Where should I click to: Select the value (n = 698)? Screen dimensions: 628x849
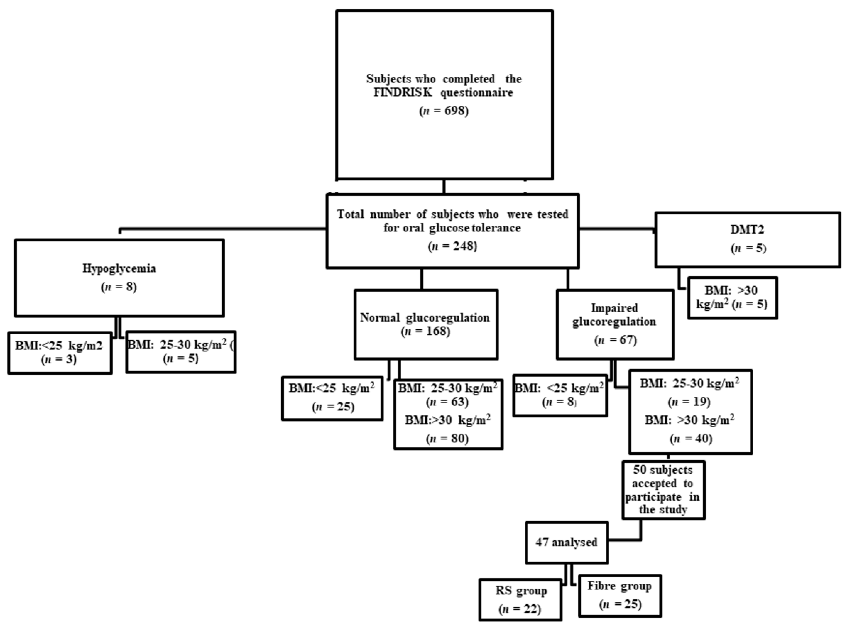[444, 111]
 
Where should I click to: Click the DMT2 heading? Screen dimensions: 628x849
[747, 230]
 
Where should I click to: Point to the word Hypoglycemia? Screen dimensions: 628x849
[119, 268]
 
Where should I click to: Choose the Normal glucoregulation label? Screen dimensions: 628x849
[425, 317]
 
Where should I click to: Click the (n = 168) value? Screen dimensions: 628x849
[425, 332]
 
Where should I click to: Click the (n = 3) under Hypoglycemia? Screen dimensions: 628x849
[59, 359]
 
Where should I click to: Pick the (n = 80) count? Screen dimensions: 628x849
[448, 439]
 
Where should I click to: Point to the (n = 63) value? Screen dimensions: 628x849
[448, 402]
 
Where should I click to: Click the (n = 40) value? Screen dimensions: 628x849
[690, 439]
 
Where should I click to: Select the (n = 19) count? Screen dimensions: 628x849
[689, 402]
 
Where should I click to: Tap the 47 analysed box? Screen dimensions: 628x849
[566, 542]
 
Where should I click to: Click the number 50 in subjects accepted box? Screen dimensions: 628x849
[639, 470]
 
